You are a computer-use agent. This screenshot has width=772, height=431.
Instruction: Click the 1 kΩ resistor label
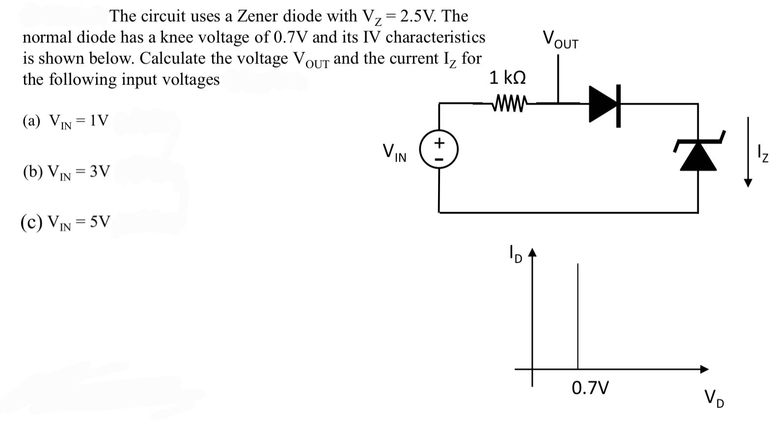[x=507, y=78]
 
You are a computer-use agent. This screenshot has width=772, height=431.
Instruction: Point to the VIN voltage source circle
[x=439, y=151]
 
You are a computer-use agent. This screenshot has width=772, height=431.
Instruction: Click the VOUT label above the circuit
[x=560, y=39]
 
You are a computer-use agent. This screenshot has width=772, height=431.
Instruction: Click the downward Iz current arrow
[x=747, y=152]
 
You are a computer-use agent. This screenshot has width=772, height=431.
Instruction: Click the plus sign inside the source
[x=439, y=143]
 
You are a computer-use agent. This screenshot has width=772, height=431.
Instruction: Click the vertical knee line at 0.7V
[x=578, y=314]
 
